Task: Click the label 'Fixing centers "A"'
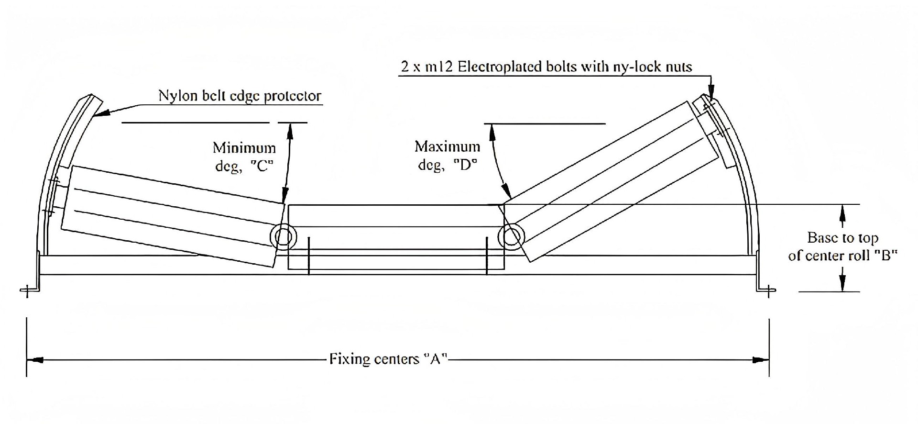[x=388, y=359]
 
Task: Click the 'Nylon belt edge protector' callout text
[x=240, y=96]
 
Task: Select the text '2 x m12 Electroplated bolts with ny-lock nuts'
[x=546, y=67]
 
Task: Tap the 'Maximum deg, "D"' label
[x=448, y=156]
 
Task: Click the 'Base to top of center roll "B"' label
[x=842, y=246]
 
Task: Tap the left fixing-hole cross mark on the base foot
[x=27, y=290]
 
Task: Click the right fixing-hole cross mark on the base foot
[x=768, y=290]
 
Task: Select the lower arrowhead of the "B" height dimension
[x=843, y=285]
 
